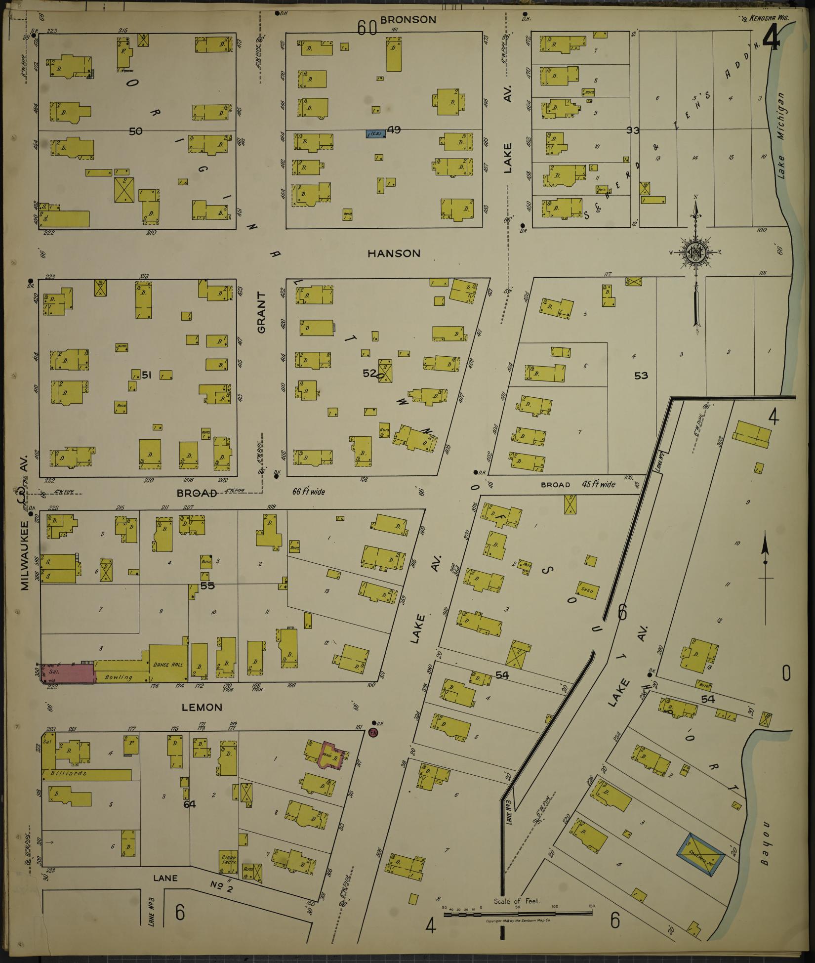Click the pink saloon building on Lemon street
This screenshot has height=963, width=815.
point(68,673)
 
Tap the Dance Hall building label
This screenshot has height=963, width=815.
point(168,665)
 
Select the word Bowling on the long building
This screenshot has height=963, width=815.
point(119,677)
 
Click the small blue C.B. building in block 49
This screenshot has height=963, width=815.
point(375,133)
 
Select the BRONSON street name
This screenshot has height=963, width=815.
point(408,20)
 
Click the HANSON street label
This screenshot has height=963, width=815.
point(394,253)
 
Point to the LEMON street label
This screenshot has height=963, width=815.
point(202,708)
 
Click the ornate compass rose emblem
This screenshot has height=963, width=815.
point(696,253)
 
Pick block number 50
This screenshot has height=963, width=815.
point(135,131)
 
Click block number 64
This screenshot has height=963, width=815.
point(190,804)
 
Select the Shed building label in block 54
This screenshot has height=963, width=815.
point(587,590)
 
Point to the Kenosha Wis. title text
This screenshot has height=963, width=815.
point(769,18)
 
